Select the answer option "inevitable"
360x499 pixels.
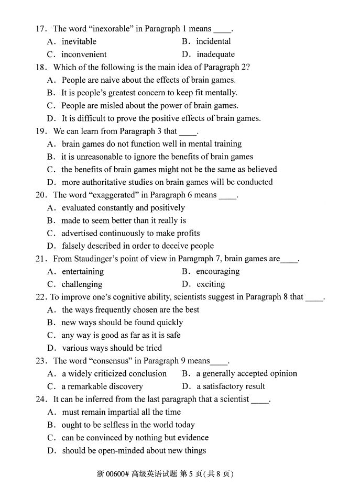click(79, 41)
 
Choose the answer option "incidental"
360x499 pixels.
click(213, 41)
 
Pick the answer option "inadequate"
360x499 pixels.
click(215, 54)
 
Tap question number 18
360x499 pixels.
click(41, 67)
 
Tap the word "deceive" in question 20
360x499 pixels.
click(171, 246)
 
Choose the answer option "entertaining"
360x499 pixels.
click(82, 271)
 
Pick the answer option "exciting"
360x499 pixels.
click(211, 284)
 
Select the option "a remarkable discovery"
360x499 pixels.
click(102, 386)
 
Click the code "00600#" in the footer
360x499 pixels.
click(117, 474)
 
